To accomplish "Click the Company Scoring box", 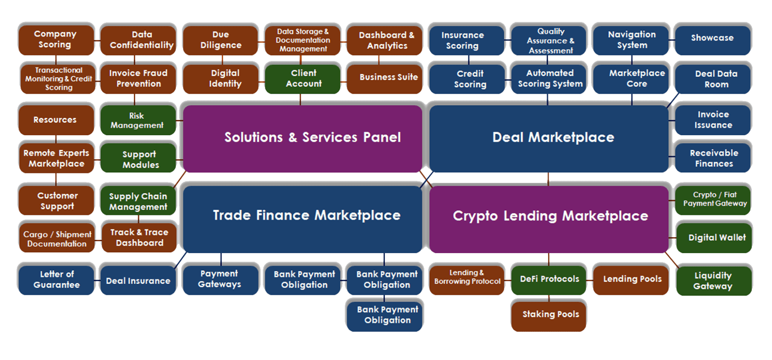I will click(x=55, y=39).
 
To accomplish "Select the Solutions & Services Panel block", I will click(x=302, y=138).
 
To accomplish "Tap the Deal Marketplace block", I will click(x=549, y=138).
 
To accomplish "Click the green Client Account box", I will click(x=303, y=78).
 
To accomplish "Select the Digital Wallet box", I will click(x=714, y=237).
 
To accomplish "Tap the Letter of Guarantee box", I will click(x=56, y=280).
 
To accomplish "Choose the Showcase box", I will click(x=712, y=38).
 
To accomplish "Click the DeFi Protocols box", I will click(x=549, y=279).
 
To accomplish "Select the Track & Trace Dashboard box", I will click(x=139, y=237).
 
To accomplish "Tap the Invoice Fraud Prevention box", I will click(x=138, y=78).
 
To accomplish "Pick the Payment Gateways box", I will click(x=220, y=279).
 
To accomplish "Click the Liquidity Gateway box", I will click(x=713, y=281).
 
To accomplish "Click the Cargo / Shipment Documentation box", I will click(x=57, y=239).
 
